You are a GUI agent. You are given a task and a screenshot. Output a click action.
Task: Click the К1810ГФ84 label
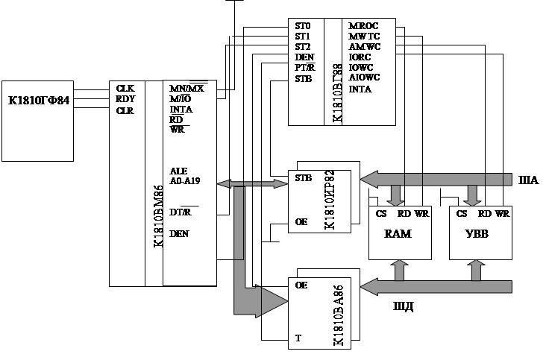click(37, 100)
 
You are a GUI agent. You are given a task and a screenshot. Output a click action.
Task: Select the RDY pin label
click(125, 98)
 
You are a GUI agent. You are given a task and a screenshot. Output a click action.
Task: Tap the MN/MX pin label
click(187, 88)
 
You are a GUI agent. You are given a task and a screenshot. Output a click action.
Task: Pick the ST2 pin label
click(303, 46)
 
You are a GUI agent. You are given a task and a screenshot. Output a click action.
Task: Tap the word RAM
click(398, 234)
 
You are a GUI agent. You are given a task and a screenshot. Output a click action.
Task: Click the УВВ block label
click(477, 234)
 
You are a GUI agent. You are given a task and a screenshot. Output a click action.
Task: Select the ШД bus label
click(404, 305)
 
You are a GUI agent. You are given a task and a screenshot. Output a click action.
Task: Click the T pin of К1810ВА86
click(298, 338)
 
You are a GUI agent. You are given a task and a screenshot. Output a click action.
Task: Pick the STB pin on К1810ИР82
click(304, 178)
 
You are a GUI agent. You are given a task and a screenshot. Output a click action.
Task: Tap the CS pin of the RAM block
click(381, 214)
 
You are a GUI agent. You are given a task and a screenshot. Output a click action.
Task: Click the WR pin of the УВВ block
click(501, 214)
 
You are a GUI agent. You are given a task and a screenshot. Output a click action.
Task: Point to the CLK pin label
click(125, 87)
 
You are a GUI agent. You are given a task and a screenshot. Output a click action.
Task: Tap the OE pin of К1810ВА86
click(302, 285)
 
